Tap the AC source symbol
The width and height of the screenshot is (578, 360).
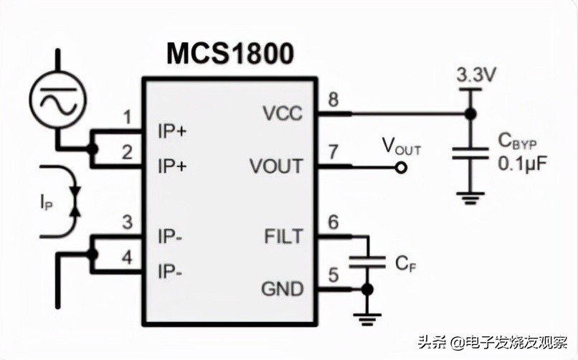(x=57, y=97)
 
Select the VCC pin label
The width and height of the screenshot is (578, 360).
(x=283, y=113)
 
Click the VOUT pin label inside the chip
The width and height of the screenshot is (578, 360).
(x=276, y=166)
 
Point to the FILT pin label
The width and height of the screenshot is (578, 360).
(x=283, y=236)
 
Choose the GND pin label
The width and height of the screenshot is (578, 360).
(x=282, y=289)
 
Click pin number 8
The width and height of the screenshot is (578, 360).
(x=333, y=100)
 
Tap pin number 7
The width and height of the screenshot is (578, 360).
(x=333, y=152)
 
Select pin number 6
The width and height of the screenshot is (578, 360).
(x=333, y=222)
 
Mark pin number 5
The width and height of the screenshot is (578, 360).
(x=333, y=275)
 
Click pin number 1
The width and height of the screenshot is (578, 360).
(x=128, y=117)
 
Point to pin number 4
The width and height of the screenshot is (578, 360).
(x=128, y=257)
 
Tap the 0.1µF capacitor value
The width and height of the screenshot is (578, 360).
(x=522, y=164)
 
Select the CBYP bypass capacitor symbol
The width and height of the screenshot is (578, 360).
(x=470, y=154)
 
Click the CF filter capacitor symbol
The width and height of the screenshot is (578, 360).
(x=367, y=262)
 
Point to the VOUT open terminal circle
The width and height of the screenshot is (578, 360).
(x=402, y=168)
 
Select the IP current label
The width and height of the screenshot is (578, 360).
(x=46, y=202)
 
